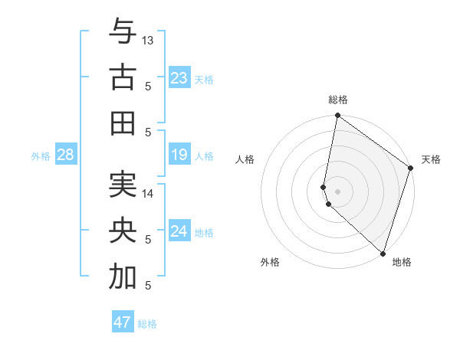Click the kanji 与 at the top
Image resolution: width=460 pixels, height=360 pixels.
coord(123,32)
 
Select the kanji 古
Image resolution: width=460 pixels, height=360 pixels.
coord(123,78)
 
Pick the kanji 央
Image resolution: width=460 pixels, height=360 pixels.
coord(123,232)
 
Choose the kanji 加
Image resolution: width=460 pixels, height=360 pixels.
coord(123,277)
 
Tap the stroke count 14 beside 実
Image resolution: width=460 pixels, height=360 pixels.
coord(148,194)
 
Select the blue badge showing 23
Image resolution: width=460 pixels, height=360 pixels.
coord(179,77)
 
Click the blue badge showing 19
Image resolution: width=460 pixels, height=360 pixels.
coord(179,155)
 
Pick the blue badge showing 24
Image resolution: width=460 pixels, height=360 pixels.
coord(179,231)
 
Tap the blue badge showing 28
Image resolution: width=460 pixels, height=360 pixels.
coord(65,155)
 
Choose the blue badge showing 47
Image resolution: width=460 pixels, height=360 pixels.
coord(122,322)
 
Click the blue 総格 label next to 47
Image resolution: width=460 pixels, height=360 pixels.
coord(147,324)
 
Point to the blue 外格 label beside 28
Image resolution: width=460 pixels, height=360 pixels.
coord(41,156)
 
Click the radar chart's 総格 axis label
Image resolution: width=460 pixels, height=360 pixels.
coord(338,100)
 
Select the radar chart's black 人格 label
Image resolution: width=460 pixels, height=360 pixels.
coord(245,160)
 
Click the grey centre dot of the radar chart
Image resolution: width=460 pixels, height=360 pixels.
coord(338,191)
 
